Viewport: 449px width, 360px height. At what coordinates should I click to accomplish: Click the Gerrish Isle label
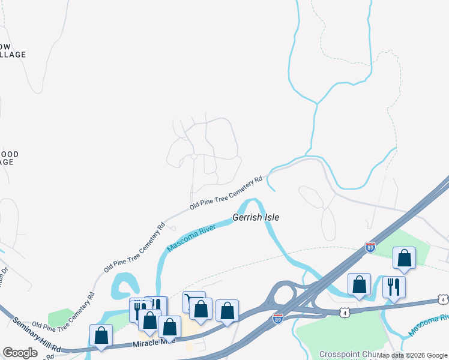click(256, 217)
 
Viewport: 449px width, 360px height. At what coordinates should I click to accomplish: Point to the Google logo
click(20, 353)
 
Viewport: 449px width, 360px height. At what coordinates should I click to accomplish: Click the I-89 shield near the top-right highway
click(370, 247)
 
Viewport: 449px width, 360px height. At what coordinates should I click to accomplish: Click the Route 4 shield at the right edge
click(442, 299)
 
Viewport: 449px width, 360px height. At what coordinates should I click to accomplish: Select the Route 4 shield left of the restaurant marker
click(345, 312)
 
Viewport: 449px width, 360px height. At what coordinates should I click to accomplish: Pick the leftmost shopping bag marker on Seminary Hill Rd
click(101, 334)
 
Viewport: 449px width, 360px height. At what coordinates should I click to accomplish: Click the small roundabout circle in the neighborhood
click(194, 157)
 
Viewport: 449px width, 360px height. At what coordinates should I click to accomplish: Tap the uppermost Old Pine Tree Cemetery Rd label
click(226, 193)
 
